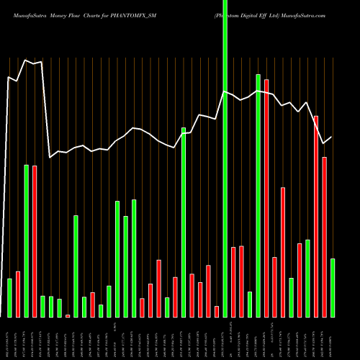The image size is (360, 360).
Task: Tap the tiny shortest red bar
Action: point(68,315)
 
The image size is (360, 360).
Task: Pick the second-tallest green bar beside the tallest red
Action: point(258,195)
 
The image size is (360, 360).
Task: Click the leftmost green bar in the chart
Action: point(9,297)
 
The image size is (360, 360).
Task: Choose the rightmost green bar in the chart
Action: point(332,287)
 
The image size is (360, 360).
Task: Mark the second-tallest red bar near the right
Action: point(315,216)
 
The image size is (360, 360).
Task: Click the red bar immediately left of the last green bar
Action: point(324,237)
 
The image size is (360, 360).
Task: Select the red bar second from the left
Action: point(18,294)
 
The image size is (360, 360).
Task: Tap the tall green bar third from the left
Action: point(26,241)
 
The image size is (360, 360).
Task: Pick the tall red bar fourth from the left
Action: point(35,241)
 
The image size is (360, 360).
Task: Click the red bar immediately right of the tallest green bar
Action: point(233,282)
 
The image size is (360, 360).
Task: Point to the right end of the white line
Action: point(332,137)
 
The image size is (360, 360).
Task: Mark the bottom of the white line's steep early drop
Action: point(50,157)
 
